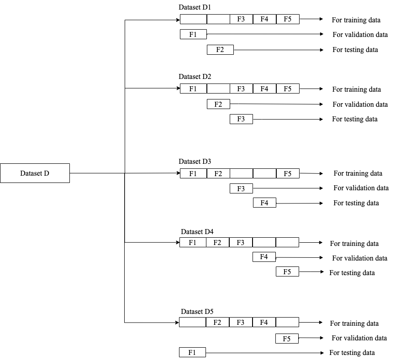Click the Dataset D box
[35, 173]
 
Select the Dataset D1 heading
[195, 8]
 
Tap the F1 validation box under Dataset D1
[193, 34]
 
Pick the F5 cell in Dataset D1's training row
[288, 19]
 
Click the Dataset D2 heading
[195, 77]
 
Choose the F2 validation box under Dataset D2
[218, 104]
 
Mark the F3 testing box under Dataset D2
[241, 119]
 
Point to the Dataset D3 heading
[195, 162]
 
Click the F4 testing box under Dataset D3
[264, 203]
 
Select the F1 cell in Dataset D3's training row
[193, 173]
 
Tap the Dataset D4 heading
[197, 231]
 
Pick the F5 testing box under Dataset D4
[287, 272]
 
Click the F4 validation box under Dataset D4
[264, 257]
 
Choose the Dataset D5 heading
[197, 312]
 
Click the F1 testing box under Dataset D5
[192, 352]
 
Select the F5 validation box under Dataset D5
[287, 339]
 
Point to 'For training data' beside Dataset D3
[358, 173]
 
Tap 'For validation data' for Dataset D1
[360, 35]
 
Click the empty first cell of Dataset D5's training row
[192, 323]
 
